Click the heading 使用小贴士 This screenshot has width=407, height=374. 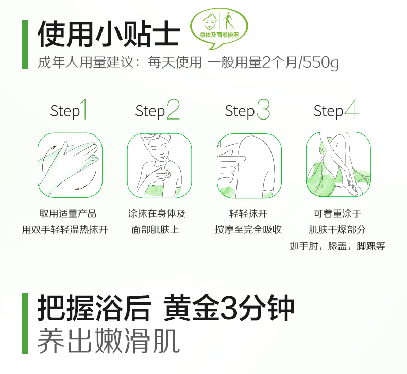109,33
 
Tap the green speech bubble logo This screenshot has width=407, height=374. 219,28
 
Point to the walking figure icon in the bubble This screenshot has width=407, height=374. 228,21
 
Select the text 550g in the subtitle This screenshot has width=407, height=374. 321,63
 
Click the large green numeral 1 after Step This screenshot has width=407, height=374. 83,110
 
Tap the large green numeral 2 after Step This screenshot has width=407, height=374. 173,110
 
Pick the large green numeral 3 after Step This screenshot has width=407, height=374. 263,110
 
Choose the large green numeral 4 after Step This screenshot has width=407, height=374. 352,110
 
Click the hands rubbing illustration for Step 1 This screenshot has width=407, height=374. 70,165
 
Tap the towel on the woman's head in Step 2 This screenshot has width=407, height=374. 155,138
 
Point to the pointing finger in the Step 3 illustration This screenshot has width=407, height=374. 233,158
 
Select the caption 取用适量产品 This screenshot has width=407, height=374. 68,214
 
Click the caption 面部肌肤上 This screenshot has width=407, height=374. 156,230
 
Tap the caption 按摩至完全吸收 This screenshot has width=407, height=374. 248,230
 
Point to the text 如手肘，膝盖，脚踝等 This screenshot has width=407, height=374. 337,246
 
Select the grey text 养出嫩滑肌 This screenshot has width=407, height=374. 109,341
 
